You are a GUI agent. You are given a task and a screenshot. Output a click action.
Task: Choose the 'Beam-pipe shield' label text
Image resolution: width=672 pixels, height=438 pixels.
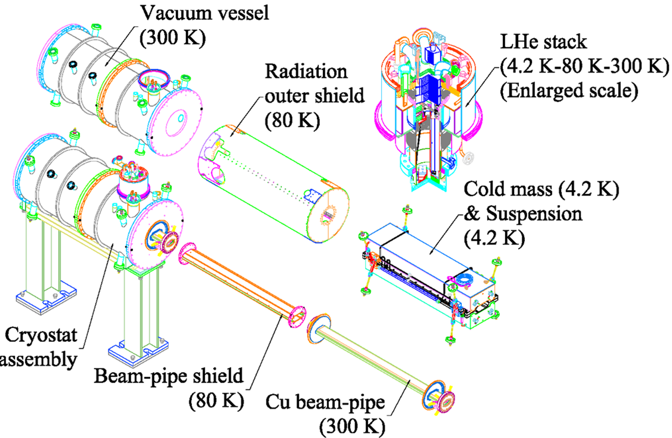(x=169, y=376)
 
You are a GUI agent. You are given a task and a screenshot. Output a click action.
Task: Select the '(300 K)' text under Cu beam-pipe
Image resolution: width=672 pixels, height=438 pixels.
(x=351, y=426)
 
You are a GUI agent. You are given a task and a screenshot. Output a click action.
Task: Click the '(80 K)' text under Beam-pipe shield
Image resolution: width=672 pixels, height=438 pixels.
(x=217, y=401)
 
